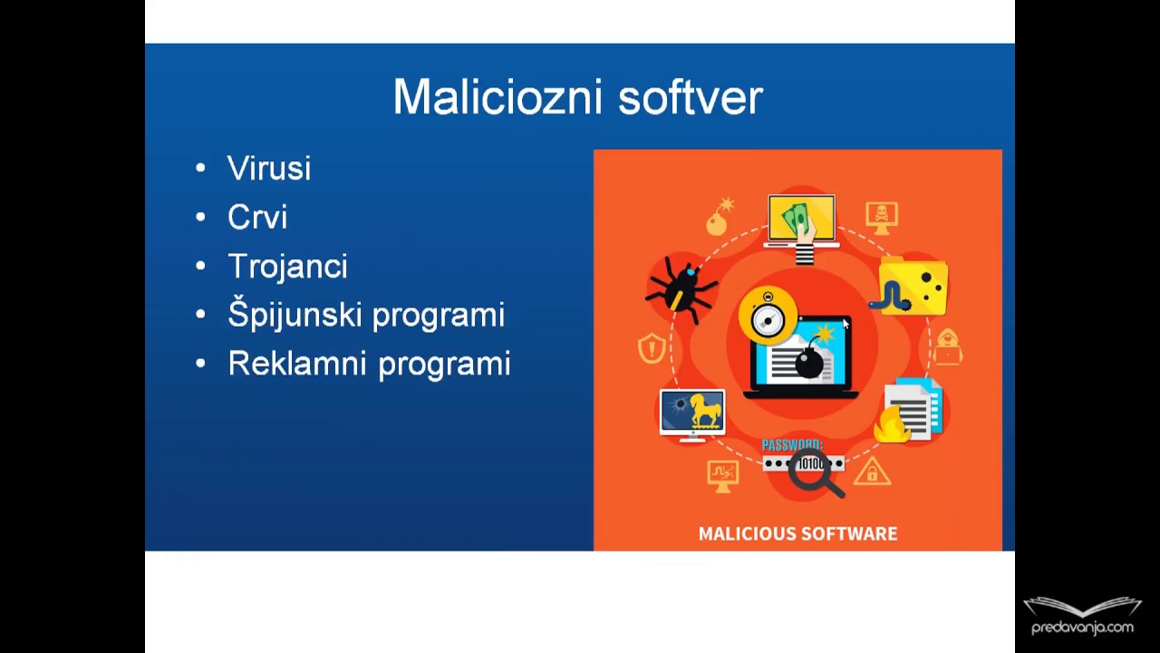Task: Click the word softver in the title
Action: click(x=691, y=97)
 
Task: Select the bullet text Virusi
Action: click(x=269, y=169)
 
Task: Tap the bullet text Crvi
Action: click(x=257, y=218)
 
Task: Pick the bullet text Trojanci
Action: click(x=287, y=267)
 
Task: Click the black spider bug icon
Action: click(x=681, y=288)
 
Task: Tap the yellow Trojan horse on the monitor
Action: click(x=704, y=412)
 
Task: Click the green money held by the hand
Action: click(x=796, y=218)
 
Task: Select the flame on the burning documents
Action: click(x=890, y=424)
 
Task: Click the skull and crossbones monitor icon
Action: click(x=881, y=217)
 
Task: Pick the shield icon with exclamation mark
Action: click(x=651, y=348)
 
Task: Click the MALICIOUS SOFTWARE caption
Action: click(x=797, y=534)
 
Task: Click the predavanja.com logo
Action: click(x=1082, y=617)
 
